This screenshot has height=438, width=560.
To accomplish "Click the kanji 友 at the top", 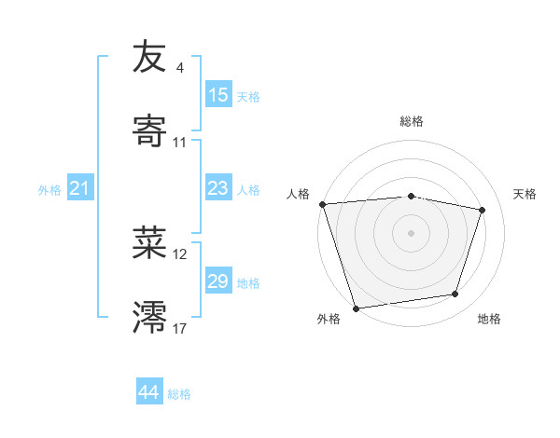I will coord(150,57).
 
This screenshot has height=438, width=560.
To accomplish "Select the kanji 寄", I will coord(150,131).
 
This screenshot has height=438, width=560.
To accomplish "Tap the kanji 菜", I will coord(150,243).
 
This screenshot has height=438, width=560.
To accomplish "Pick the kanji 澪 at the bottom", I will coord(150,318).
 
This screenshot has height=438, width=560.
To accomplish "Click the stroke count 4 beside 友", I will coord(179,68).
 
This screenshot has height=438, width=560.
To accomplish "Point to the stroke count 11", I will coord(179,143).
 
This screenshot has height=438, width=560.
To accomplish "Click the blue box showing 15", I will coord(218,95).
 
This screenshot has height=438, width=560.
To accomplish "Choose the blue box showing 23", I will coord(218,188).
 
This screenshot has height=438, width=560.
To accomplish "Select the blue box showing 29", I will coord(218,281).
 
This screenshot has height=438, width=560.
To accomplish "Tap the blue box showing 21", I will coord(80,189).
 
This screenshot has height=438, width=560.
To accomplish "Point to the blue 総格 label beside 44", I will coord(179,394).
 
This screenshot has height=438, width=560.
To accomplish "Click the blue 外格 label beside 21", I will coord(49,190).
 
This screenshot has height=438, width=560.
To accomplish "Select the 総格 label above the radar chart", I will coord(412,121).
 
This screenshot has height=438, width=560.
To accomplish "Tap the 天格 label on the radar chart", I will coord(525,194).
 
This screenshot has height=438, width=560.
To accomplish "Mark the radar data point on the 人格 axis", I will coord(322,204).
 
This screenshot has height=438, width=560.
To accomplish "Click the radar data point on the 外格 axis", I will coord(356,308).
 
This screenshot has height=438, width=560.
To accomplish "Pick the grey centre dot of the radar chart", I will coord(412,232).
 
